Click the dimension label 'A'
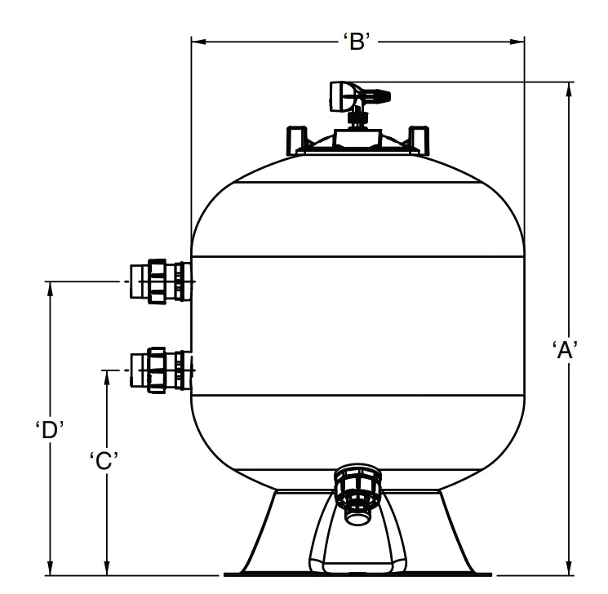565,349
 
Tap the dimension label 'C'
105,460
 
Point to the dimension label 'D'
50,430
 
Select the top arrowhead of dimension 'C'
106,376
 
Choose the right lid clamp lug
416,139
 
